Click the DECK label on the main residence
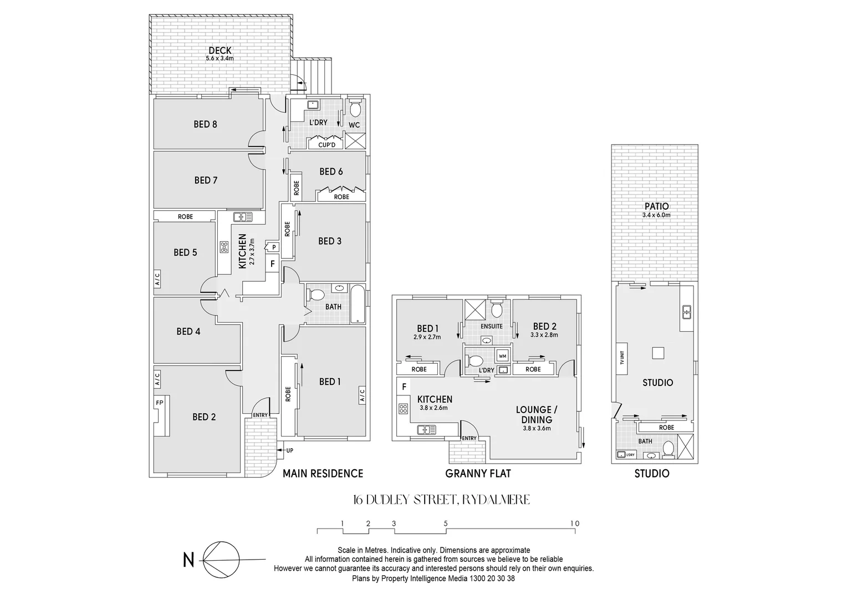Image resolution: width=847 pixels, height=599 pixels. pyautogui.click(x=220, y=50)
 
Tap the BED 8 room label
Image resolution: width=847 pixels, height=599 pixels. pyautogui.click(x=205, y=124)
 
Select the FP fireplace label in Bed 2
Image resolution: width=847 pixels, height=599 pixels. pyautogui.click(x=159, y=403)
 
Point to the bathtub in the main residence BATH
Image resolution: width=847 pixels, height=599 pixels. pyautogui.click(x=358, y=304)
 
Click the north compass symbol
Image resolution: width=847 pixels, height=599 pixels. pyautogui.click(x=222, y=560)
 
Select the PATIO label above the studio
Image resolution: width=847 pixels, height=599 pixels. pyautogui.click(x=656, y=206)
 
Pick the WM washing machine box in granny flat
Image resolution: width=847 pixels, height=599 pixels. pyautogui.click(x=503, y=356)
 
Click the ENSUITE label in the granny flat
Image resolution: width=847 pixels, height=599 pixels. pyautogui.click(x=492, y=326)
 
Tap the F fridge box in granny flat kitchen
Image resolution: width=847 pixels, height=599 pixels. pyautogui.click(x=404, y=386)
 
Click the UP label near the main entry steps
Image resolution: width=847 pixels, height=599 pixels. pyautogui.click(x=289, y=450)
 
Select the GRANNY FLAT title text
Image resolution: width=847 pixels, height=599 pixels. pyautogui.click(x=478, y=473)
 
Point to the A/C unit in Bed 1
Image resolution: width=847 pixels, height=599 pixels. pyautogui.click(x=362, y=394)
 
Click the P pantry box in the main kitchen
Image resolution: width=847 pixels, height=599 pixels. pyautogui.click(x=273, y=247)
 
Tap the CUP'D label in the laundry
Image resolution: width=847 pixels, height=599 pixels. pyautogui.click(x=326, y=145)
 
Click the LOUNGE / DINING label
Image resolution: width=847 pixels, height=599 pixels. pyautogui.click(x=537, y=414)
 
